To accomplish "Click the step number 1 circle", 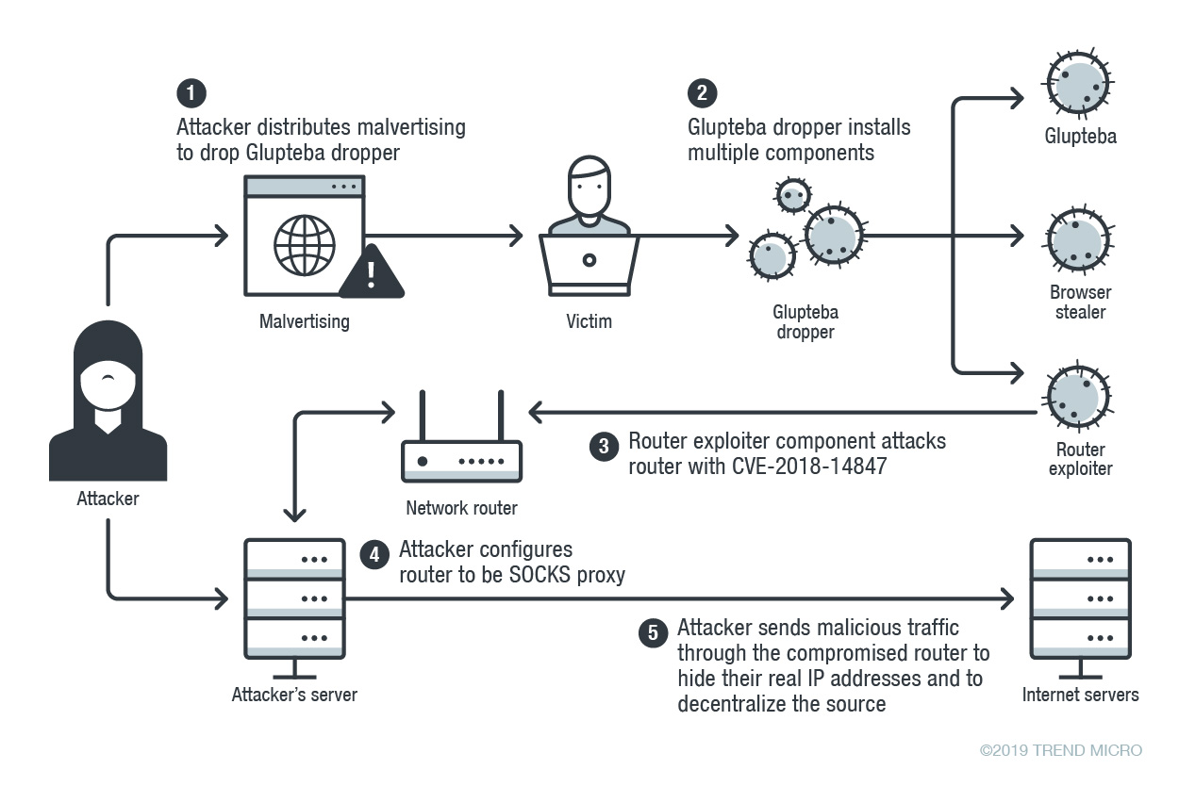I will [x=191, y=94].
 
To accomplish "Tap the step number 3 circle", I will [x=604, y=446].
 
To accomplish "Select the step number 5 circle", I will [x=653, y=632].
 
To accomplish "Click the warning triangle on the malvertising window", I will [x=371, y=272].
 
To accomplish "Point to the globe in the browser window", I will [x=304, y=243].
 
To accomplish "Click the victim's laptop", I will [x=589, y=264].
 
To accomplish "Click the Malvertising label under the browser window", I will [x=304, y=321].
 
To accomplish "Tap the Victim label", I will [x=589, y=321].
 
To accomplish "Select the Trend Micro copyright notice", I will [x=1060, y=751].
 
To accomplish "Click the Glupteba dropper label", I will [x=805, y=321].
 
